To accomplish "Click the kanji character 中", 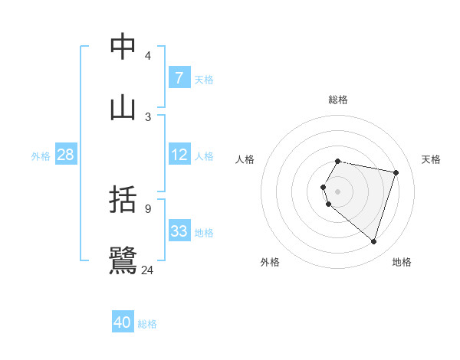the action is point(123,47).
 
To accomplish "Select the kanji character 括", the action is point(123,200).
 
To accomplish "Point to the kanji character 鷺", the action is point(123,260).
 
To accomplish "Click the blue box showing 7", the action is point(179,77).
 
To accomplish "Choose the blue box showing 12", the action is point(179,155).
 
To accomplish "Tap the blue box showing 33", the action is point(179,231).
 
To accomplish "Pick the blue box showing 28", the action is point(65,155).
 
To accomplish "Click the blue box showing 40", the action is point(123,322).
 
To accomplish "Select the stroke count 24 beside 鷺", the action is point(148,270).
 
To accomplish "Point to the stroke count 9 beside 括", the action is point(148,208).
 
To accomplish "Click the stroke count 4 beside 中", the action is point(148,56).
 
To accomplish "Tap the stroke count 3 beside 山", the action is point(148,116).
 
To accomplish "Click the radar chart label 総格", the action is point(338,100).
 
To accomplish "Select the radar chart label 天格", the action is point(432,159).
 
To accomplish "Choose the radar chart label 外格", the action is point(270,262).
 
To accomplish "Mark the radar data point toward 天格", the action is point(396,172).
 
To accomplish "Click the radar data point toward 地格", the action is point(373,241).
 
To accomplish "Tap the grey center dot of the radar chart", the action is point(338,191).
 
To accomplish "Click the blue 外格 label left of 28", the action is point(41,155).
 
